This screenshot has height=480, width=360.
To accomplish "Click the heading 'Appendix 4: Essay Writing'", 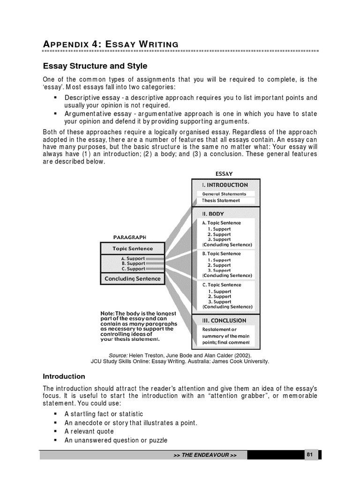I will point(111,44).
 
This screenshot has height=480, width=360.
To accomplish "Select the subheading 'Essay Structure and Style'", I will point(95,67).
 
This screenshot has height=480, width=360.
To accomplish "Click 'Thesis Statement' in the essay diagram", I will point(221,201).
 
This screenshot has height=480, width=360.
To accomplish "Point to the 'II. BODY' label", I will point(213,214).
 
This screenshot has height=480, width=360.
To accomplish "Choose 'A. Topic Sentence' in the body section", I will point(221,223).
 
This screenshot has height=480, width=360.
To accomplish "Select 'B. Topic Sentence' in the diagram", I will point(221,254).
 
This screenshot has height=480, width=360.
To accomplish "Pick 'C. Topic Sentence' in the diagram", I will point(222,285).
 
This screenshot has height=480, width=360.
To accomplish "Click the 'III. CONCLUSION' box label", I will point(224,321).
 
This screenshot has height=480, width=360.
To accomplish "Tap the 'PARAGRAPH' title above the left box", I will point(133,237).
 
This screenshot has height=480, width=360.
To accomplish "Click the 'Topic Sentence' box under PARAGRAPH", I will point(133,248).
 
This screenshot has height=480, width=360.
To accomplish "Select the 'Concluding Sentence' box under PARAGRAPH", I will point(133,279).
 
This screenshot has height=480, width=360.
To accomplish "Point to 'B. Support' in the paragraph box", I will point(133,263).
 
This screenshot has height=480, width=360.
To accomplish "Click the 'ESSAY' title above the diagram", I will point(224,174).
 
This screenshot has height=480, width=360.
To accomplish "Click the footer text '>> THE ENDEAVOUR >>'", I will point(205,456).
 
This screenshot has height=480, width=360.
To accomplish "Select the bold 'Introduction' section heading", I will point(64,376).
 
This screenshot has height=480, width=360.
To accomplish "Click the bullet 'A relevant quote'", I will point(92,432).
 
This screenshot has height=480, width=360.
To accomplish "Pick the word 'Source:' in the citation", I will point(118,356).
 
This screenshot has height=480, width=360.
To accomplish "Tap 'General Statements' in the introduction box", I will point(224,194).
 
